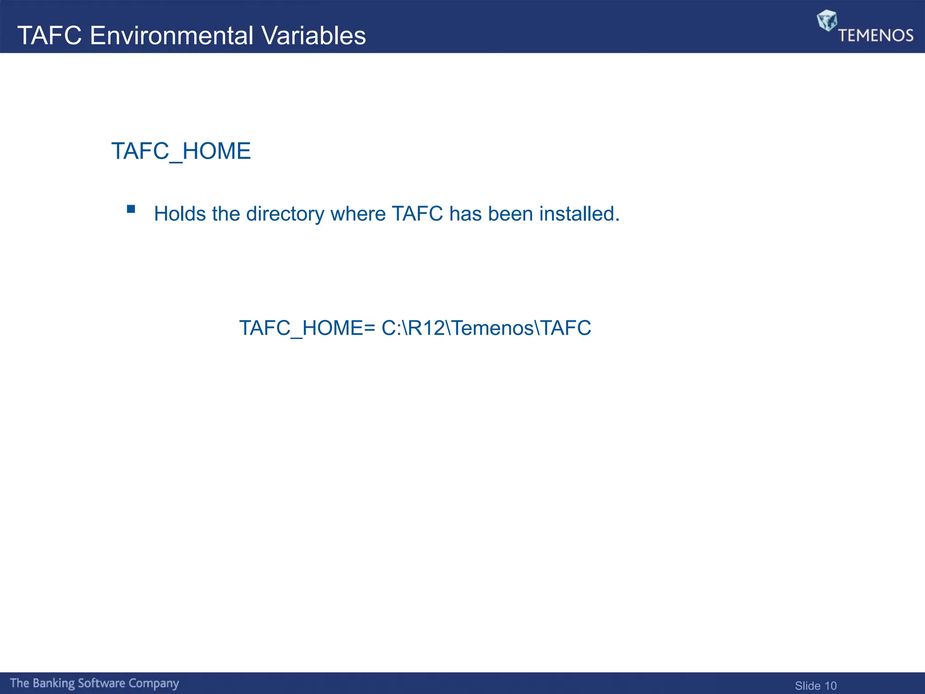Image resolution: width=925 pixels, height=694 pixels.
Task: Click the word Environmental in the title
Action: (172, 36)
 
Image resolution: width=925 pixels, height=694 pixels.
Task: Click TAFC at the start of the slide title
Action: (50, 36)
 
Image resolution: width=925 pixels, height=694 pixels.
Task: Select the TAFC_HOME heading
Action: (181, 151)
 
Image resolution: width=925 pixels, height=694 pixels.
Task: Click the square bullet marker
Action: (131, 209)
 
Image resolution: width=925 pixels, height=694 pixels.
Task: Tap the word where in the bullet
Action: (358, 214)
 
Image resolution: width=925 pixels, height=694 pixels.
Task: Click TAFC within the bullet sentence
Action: (417, 214)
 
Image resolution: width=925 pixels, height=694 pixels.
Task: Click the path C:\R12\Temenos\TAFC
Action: (486, 328)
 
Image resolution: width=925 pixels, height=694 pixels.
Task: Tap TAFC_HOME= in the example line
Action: (307, 328)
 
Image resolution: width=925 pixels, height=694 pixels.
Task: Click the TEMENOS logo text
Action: (876, 35)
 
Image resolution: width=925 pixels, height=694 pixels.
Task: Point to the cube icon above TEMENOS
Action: (827, 20)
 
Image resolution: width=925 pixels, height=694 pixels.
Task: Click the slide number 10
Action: (831, 686)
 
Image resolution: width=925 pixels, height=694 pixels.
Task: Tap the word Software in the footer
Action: (102, 683)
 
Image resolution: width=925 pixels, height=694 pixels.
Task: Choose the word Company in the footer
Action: (154, 683)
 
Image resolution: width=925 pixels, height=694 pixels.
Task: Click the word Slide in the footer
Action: (808, 686)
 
